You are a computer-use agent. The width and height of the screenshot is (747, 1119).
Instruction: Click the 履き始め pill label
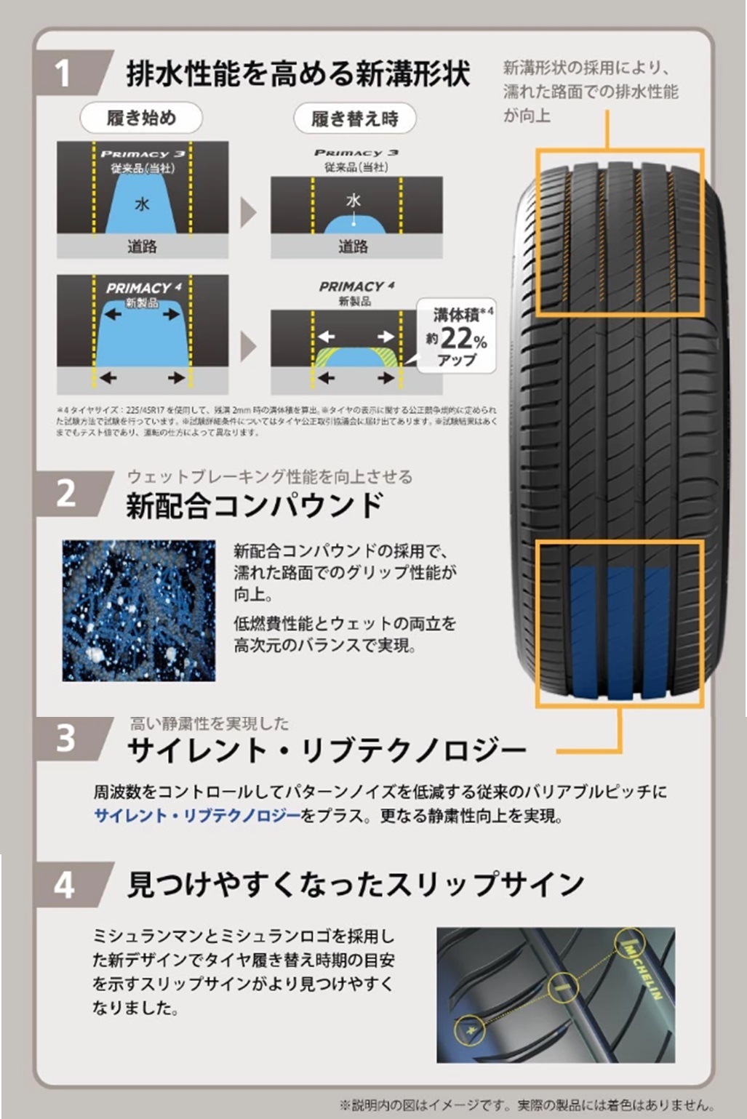(141, 118)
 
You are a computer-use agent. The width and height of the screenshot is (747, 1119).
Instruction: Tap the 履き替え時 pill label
(355, 119)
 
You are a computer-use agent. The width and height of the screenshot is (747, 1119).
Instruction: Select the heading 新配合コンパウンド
(255, 505)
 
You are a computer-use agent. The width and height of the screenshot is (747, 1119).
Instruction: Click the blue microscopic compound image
(139, 611)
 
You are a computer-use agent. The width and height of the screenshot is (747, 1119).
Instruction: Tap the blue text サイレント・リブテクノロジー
(197, 816)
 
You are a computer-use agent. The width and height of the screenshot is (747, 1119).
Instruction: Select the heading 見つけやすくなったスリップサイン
(356, 884)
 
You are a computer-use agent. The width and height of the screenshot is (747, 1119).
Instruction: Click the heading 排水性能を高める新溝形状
(298, 73)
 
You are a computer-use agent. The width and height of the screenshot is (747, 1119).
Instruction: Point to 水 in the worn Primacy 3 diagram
(353, 201)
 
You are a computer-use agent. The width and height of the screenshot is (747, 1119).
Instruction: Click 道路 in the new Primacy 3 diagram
(143, 246)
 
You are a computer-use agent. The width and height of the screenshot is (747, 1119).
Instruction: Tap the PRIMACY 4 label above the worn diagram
(356, 286)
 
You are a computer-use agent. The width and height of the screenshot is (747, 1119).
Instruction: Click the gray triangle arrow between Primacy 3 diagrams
(249, 212)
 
